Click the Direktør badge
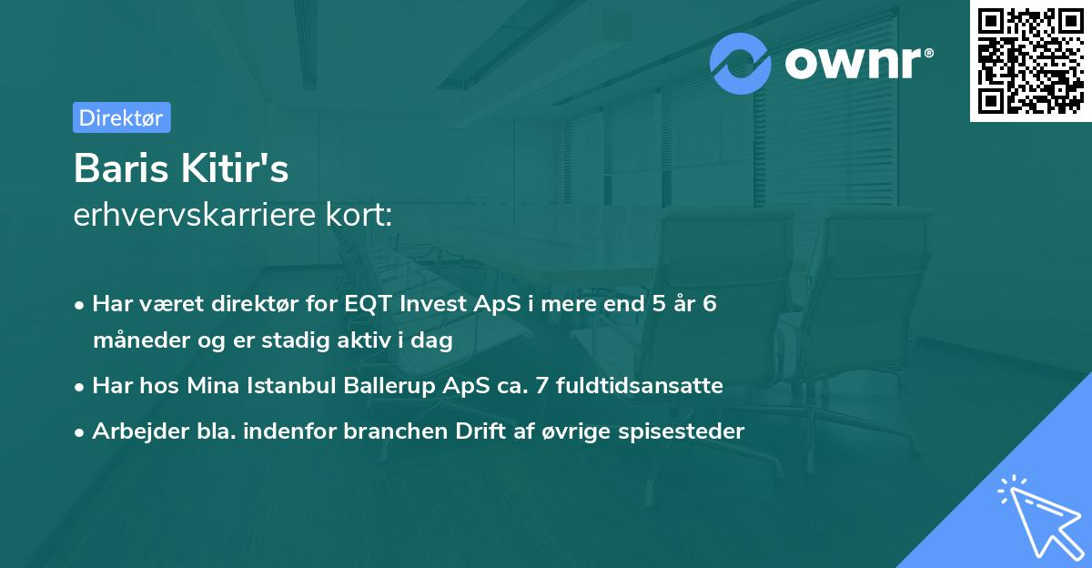point(121,117)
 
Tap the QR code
point(1030,61)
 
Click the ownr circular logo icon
point(741,64)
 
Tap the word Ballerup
point(389,386)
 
